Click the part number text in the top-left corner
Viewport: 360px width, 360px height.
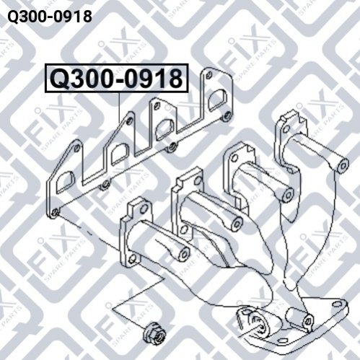(x=50, y=17)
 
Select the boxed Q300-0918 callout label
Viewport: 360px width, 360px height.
(x=116, y=79)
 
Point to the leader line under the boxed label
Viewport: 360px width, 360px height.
(x=120, y=107)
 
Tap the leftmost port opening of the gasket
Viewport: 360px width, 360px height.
(x=64, y=182)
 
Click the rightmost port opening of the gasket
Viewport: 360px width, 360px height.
(x=217, y=99)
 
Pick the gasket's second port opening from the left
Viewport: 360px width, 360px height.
(x=120, y=154)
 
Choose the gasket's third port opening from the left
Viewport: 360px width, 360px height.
(x=164, y=130)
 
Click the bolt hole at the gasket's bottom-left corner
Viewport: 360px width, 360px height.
(x=56, y=213)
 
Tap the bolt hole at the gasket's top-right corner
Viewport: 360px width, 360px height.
(x=209, y=74)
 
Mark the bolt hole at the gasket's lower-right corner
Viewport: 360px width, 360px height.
(x=226, y=117)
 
